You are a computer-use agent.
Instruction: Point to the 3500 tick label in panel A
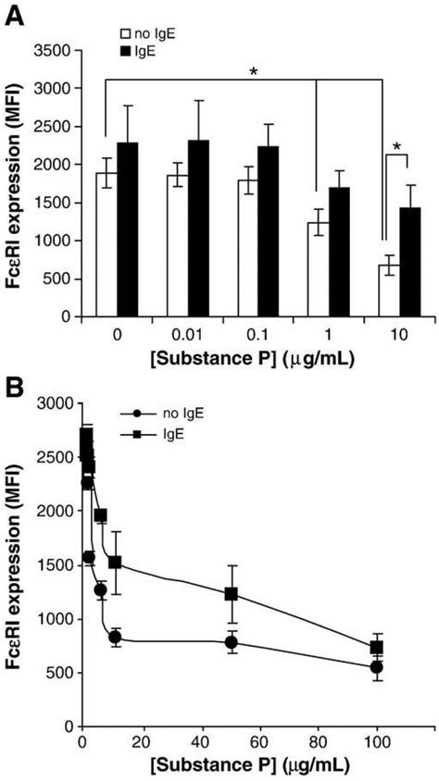(x=65, y=50)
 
